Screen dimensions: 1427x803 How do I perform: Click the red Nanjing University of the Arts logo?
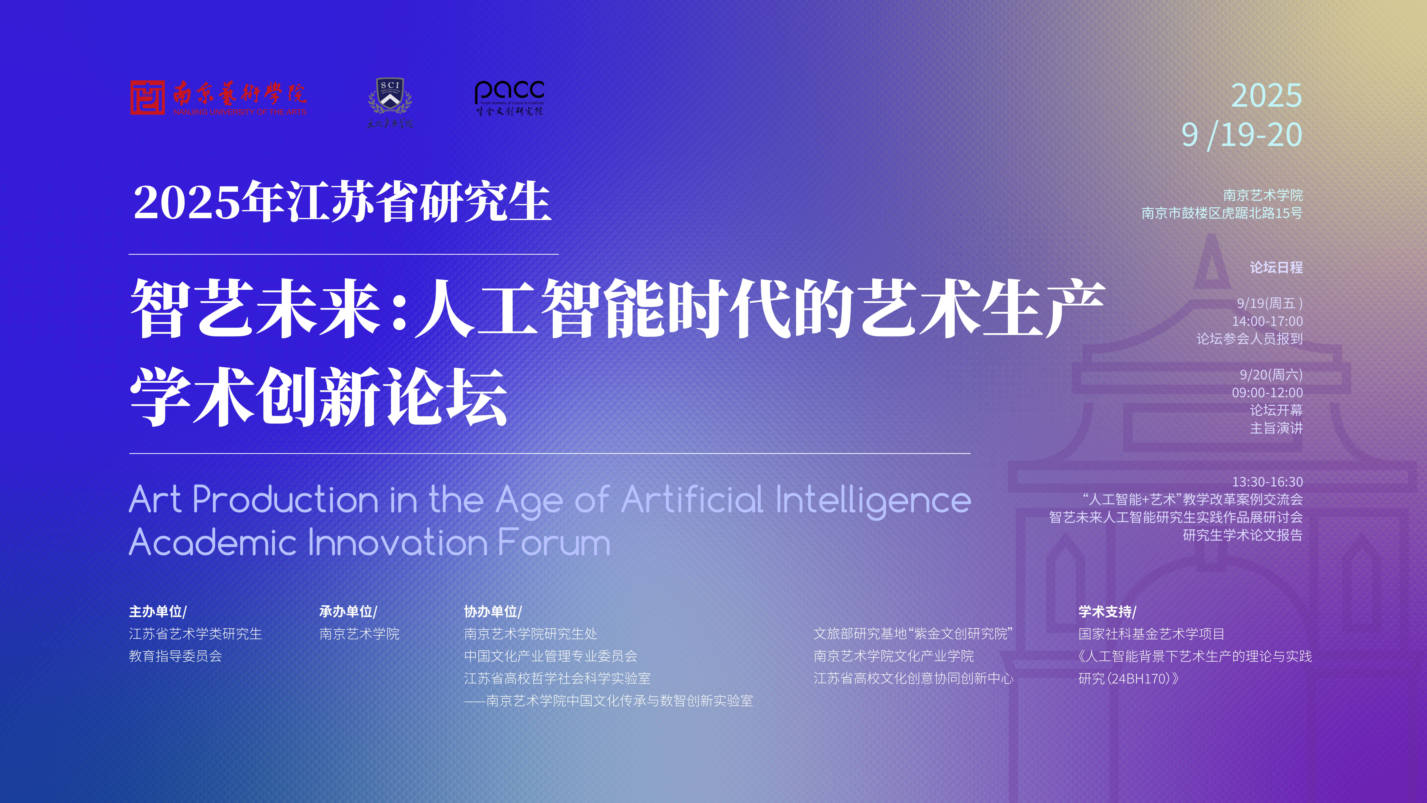218,98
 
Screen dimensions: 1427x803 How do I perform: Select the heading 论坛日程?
1276,268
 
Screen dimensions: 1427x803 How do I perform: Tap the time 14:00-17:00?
1268,321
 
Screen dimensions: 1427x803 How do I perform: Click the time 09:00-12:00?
1268,393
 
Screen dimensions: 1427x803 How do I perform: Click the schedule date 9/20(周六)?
1271,375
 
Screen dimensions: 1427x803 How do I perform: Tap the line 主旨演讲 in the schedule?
1276,428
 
